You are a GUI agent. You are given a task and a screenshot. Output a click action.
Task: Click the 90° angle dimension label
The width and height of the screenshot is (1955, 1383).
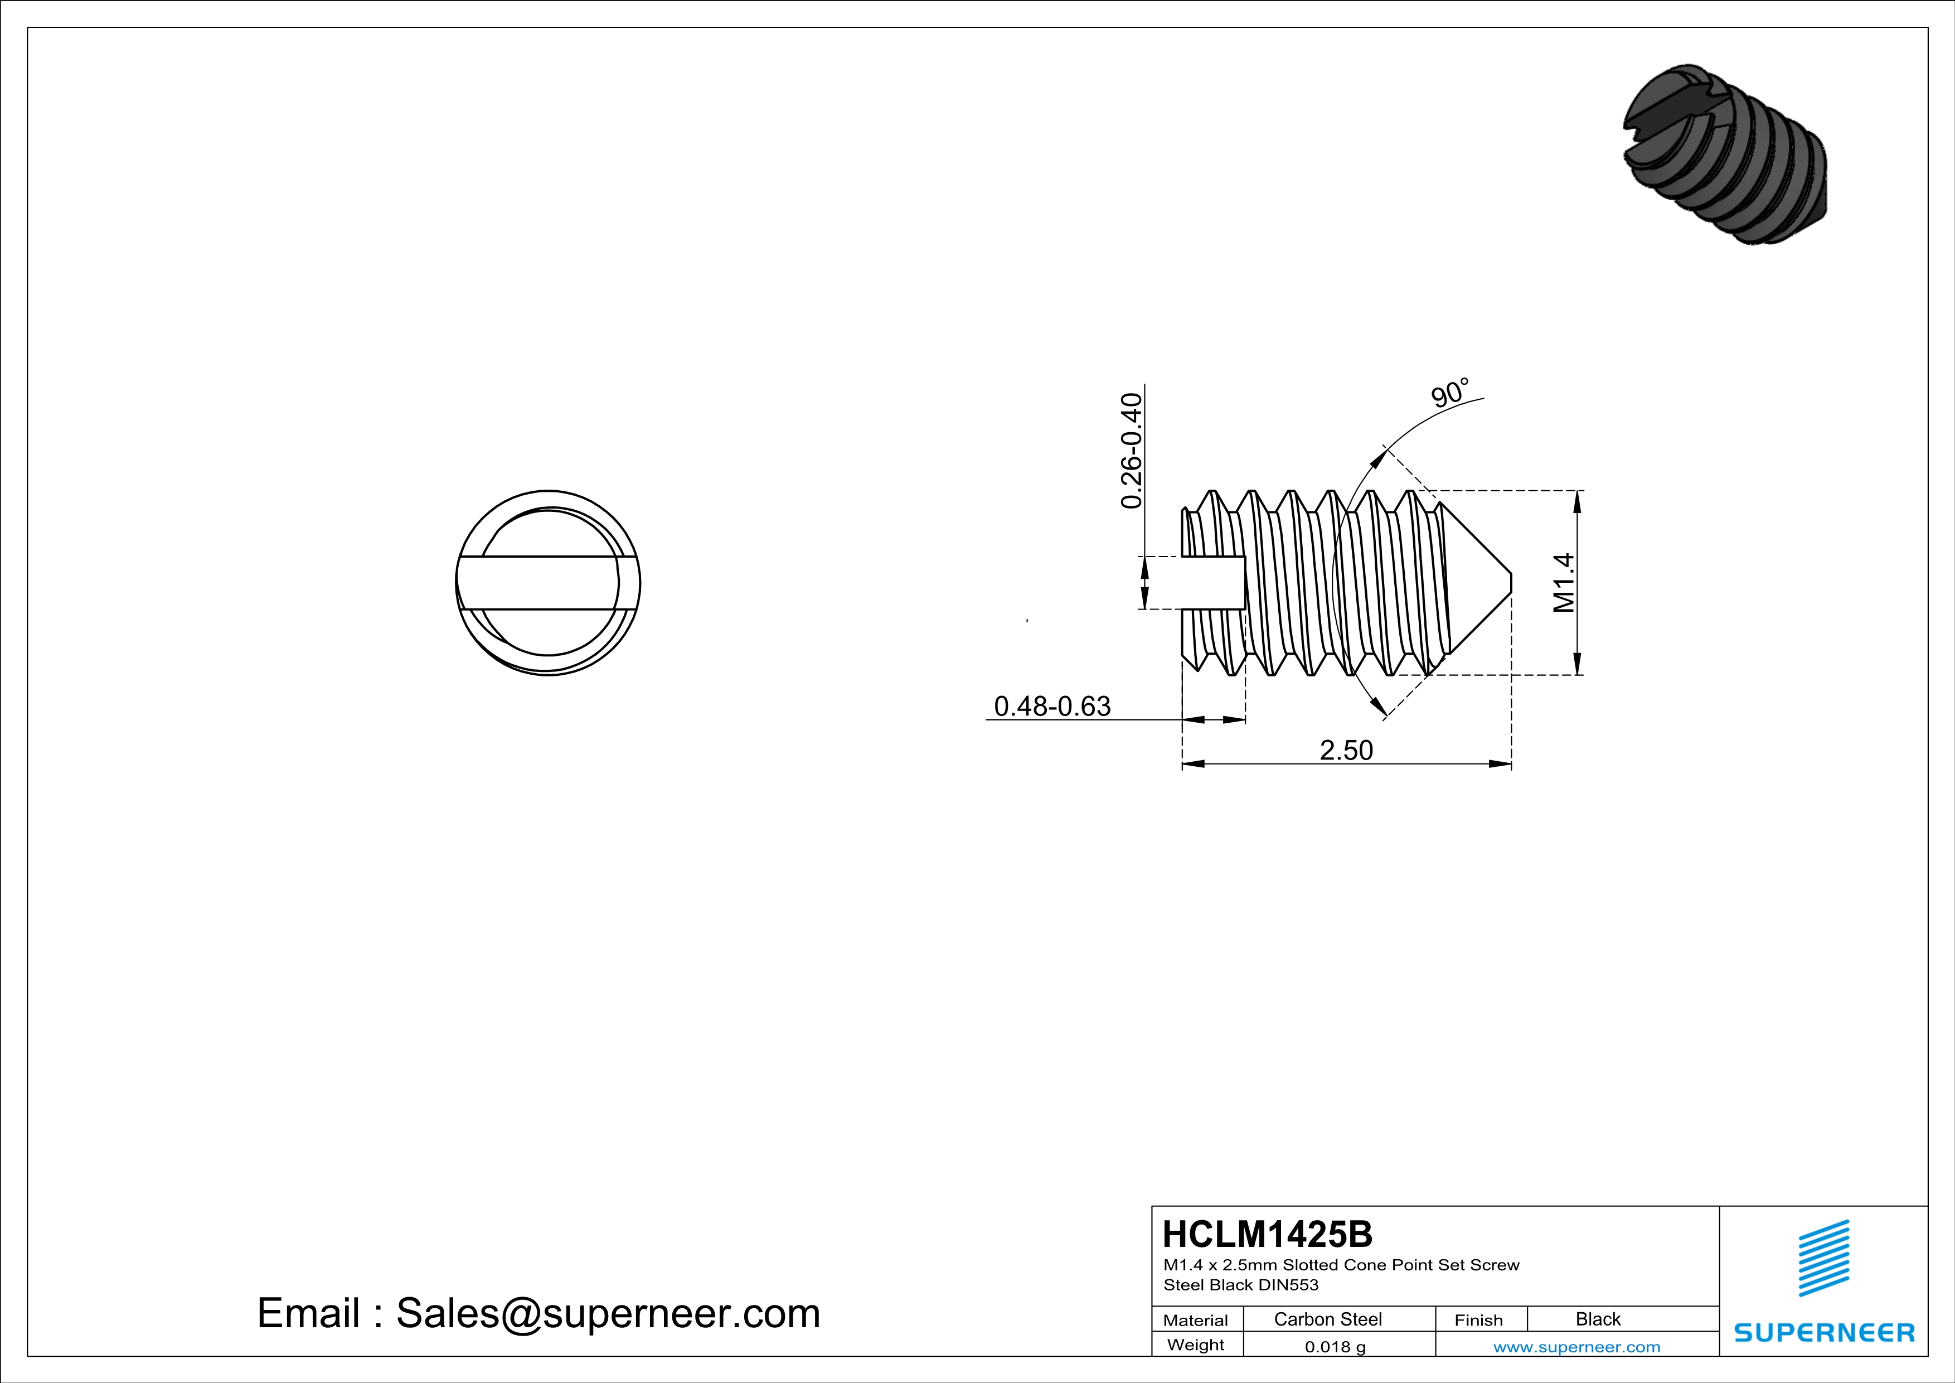click(x=1449, y=393)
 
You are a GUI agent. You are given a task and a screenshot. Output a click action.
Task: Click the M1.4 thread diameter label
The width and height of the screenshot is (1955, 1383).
click(x=1563, y=583)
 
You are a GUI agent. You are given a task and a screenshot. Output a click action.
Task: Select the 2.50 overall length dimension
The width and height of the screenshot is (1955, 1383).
click(x=1346, y=750)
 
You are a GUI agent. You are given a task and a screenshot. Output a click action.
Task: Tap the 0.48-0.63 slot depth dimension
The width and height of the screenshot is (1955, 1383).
click(x=1052, y=706)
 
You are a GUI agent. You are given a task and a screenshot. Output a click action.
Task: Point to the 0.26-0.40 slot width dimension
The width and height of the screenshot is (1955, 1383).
click(x=1131, y=451)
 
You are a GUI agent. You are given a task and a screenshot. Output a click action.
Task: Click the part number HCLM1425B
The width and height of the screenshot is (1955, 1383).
click(x=1267, y=1234)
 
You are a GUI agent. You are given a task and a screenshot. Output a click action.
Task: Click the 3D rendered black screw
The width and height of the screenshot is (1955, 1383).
click(x=1726, y=155)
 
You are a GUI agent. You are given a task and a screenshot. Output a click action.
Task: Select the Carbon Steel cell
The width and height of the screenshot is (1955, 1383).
click(x=1327, y=1319)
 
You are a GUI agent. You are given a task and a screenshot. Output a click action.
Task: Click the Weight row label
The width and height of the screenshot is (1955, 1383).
click(x=1196, y=1345)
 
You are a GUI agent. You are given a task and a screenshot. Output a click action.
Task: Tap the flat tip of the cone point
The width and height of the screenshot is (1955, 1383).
click(x=1511, y=583)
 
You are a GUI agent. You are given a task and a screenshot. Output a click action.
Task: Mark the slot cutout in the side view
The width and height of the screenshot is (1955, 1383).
click(x=1214, y=583)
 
